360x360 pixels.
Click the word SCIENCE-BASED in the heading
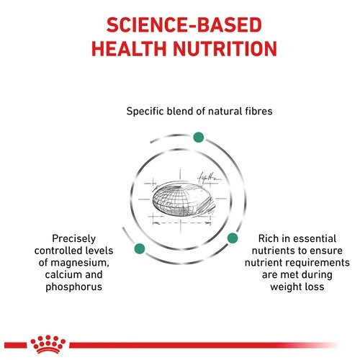coord(184,25)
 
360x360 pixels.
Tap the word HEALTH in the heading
coord(129,49)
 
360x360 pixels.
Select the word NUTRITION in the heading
coord(225,49)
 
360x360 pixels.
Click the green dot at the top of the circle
coord(199,138)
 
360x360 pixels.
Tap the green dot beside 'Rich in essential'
coord(233,238)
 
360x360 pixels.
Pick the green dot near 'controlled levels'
coord(140,248)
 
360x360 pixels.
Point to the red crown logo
coord(48,344)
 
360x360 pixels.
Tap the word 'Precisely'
coord(74,239)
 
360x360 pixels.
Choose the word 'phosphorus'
coord(74,287)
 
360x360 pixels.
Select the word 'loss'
coord(314,287)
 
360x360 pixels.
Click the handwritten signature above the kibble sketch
coord(208,178)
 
